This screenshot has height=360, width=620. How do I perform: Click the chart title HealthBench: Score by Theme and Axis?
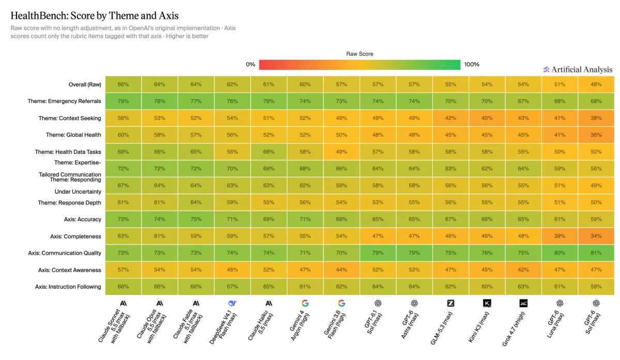[95, 15]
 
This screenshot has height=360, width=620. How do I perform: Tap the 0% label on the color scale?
[251, 65]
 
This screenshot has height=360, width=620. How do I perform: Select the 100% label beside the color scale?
[472, 65]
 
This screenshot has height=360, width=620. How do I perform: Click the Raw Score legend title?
[360, 54]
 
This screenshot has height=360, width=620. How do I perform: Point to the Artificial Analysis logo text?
[582, 69]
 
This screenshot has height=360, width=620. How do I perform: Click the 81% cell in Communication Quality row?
[596, 253]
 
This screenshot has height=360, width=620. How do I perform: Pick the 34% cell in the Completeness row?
[596, 236]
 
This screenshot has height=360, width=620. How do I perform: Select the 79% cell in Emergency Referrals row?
[123, 101]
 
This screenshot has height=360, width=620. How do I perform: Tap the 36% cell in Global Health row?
[596, 135]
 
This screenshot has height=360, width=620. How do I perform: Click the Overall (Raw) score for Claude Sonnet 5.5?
[123, 84]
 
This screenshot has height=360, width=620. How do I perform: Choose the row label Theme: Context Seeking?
[70, 118]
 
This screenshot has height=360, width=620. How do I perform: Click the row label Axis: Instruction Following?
[68, 287]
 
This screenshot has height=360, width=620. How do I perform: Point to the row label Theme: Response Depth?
[69, 202]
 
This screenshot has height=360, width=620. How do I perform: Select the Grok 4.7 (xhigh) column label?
[514, 329]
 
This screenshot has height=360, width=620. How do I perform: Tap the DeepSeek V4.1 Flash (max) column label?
[223, 327]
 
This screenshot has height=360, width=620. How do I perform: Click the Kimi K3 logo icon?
[487, 303]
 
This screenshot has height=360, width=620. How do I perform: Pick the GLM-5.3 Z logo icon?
[451, 303]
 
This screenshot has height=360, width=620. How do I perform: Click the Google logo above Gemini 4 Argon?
[305, 303]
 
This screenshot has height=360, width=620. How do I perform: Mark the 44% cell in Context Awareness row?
[342, 270]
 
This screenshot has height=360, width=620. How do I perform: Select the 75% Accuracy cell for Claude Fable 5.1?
[196, 219]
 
